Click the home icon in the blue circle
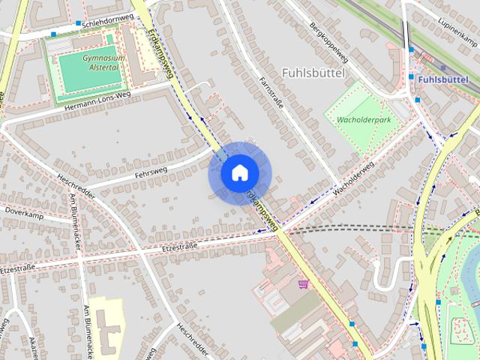pos(239,172)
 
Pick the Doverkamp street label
pos(25,214)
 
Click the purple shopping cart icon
pos(303,283)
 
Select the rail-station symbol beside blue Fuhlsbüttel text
pos(412,77)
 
